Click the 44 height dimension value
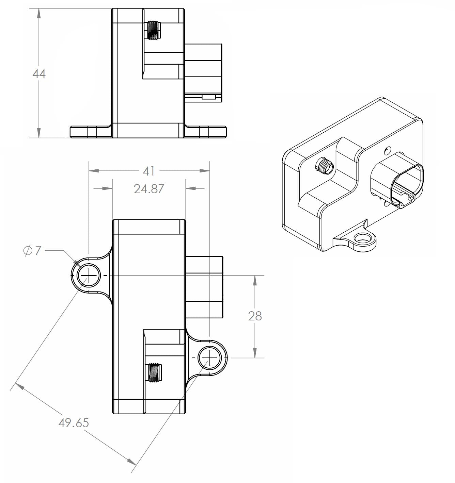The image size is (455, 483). pos(39,73)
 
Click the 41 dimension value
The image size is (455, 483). pos(149,171)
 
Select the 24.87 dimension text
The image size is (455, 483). pos(149,189)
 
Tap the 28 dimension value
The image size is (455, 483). pos(255,316)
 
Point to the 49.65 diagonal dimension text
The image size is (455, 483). pos(74,423)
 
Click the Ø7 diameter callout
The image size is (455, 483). pos(32,251)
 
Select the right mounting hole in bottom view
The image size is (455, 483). pos(210,358)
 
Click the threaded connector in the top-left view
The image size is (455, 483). pos(154,30)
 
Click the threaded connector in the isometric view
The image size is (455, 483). pos(324,166)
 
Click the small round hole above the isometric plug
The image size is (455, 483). pos(387,150)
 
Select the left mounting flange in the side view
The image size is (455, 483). pos(90,132)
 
